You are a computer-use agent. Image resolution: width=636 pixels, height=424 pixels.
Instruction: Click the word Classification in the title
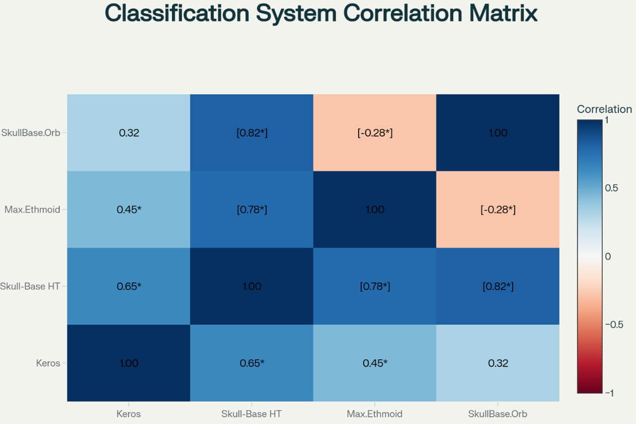pos(176,14)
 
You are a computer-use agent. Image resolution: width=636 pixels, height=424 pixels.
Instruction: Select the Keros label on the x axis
pos(128,414)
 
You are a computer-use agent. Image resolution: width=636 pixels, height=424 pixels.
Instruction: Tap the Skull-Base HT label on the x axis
pos(252,414)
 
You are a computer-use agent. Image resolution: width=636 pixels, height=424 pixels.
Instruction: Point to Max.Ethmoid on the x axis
pos(374,414)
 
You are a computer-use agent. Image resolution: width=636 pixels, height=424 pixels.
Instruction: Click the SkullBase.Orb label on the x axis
pos(498,414)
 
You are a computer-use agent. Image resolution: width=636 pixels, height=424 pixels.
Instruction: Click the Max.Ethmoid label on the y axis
pos(32,210)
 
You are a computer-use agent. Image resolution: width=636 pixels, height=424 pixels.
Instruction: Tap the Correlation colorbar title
pos(604,109)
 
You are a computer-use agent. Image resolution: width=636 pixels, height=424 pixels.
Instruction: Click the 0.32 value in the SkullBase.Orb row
pos(128,133)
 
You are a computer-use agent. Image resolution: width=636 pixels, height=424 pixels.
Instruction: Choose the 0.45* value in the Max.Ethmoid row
pos(128,210)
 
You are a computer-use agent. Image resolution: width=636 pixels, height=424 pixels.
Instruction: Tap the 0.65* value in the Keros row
pos(252,363)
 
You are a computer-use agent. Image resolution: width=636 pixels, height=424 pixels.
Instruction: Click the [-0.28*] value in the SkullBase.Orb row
pos(374,133)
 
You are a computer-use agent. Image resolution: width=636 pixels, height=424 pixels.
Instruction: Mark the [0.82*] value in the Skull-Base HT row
pos(498,287)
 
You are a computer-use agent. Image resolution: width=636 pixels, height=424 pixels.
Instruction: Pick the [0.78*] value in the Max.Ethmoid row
pos(252,210)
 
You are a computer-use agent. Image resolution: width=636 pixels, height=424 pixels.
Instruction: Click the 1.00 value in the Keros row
pos(128,363)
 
